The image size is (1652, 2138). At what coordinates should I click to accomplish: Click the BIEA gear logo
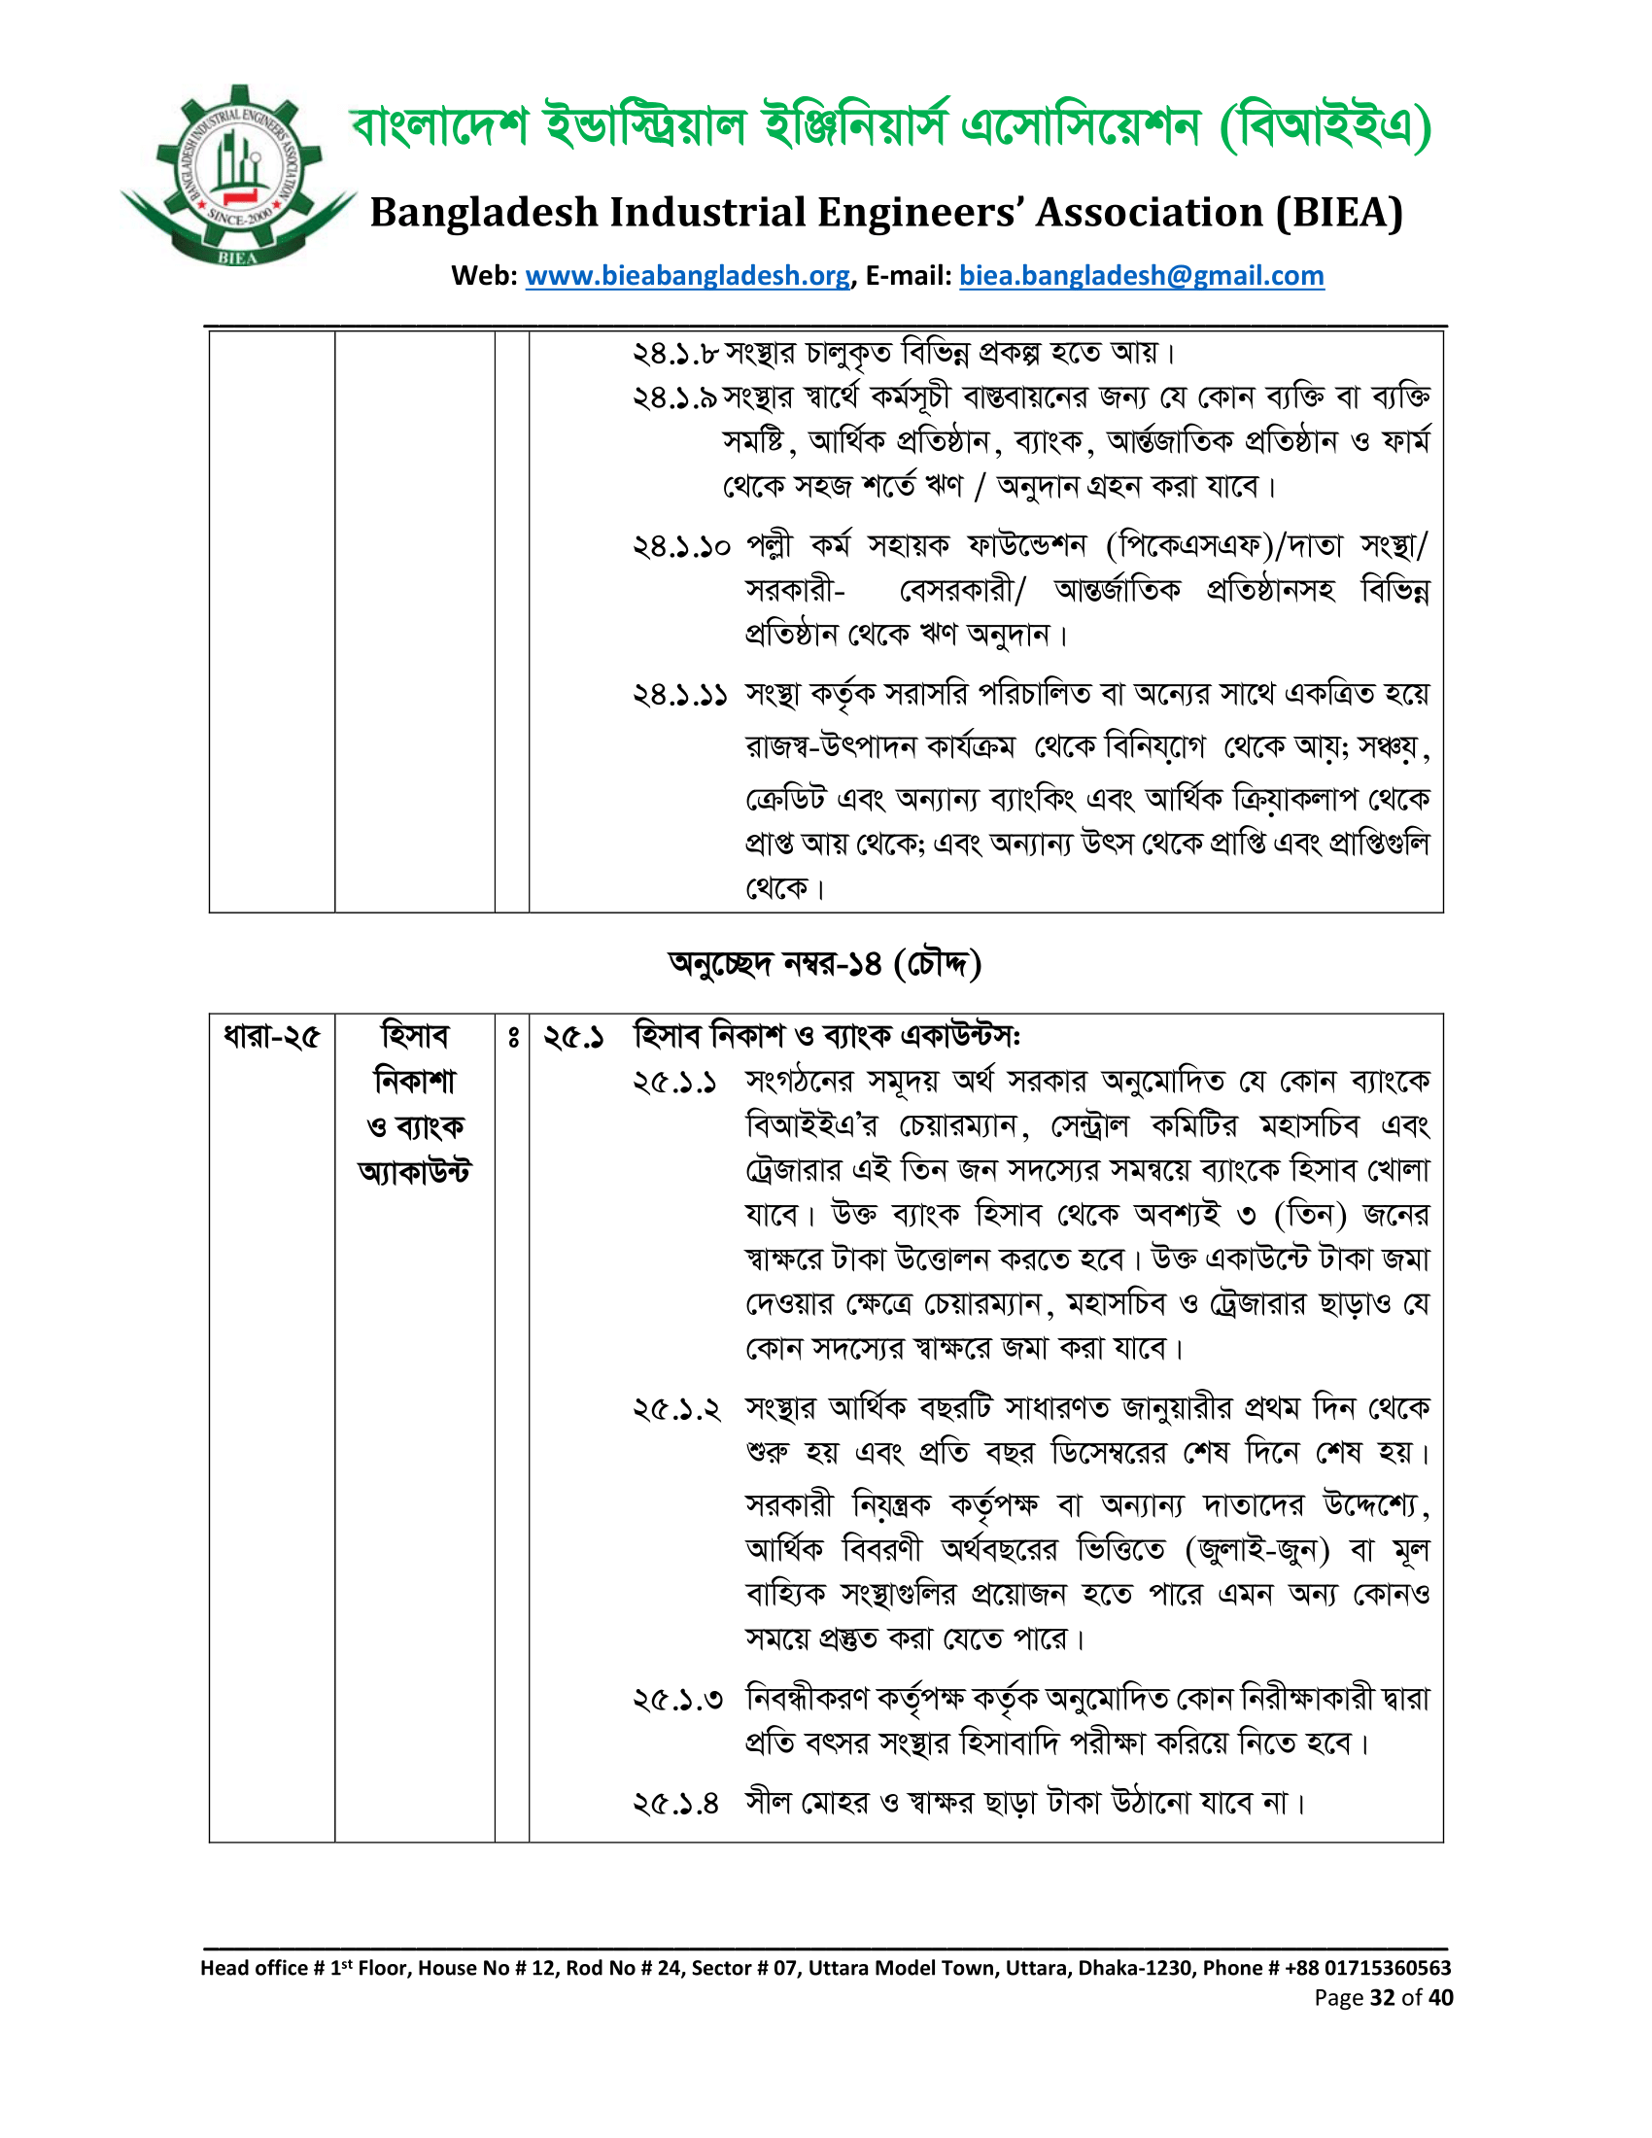[x=238, y=176]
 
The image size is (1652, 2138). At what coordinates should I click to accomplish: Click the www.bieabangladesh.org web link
[x=687, y=276]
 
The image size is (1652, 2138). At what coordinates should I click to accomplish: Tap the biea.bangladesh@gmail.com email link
[x=1141, y=276]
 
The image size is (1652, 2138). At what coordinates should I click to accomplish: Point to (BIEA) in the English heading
[x=1339, y=213]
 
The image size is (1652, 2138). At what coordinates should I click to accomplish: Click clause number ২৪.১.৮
[x=675, y=354]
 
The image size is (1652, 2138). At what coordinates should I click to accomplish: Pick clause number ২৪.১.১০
[x=681, y=546]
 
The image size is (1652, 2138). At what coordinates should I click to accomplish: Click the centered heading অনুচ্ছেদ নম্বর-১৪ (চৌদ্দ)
[x=825, y=964]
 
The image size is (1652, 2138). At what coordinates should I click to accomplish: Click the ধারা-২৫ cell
[x=271, y=1036]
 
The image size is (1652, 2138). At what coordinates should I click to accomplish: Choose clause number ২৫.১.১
[x=675, y=1083]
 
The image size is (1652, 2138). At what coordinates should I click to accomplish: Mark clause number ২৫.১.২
[x=676, y=1410]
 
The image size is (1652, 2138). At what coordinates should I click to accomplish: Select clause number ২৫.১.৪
[x=676, y=1803]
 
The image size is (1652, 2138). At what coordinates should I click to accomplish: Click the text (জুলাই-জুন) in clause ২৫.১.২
[x=1256, y=1551]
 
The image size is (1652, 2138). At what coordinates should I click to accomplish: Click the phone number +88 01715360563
[x=1365, y=1968]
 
